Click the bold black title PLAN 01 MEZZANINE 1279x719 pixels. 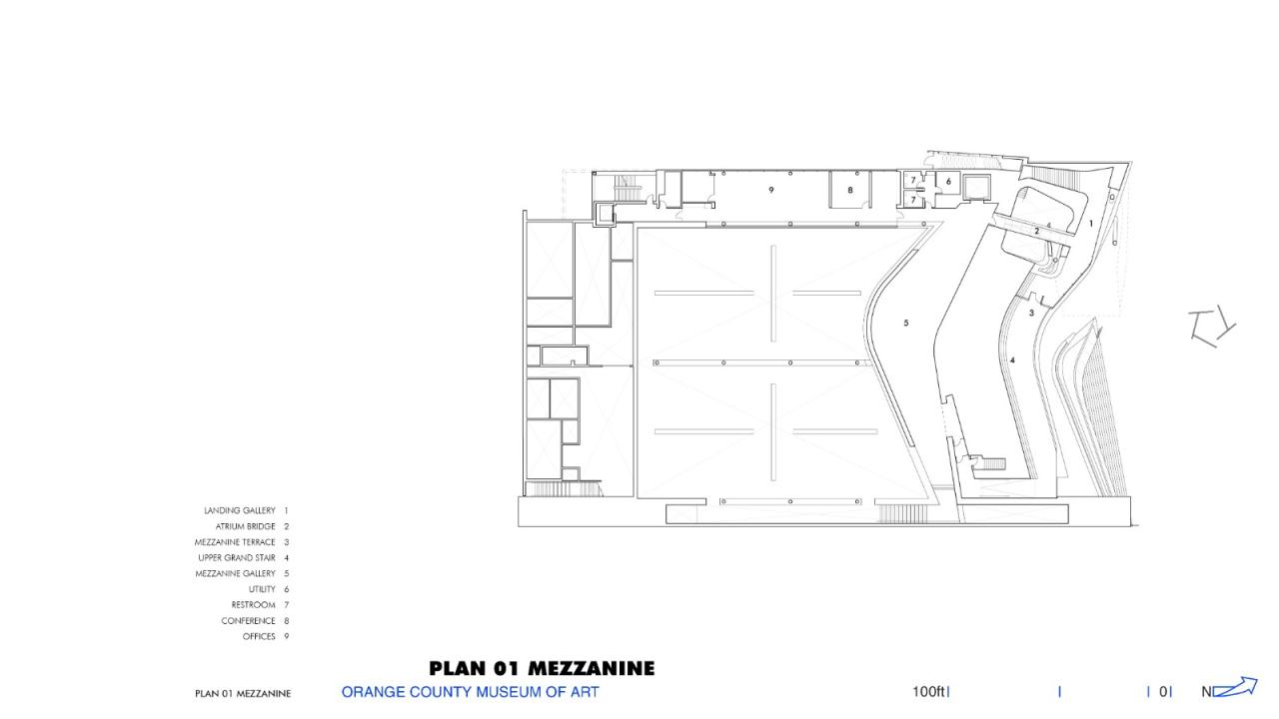pyautogui.click(x=542, y=668)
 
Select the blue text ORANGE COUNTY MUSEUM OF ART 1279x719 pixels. pyautogui.click(x=470, y=691)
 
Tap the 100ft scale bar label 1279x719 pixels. pyautogui.click(x=928, y=691)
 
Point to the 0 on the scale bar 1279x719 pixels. pyautogui.click(x=1164, y=691)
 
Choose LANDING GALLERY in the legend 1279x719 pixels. pyautogui.click(x=240, y=510)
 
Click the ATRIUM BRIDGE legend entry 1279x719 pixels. pyautogui.click(x=246, y=526)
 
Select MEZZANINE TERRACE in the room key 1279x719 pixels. pyautogui.click(x=235, y=542)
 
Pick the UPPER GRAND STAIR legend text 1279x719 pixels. pyautogui.click(x=237, y=557)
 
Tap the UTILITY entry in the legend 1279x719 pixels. pyautogui.click(x=262, y=589)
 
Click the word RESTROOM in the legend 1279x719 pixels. pyautogui.click(x=254, y=605)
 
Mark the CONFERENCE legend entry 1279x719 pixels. pyautogui.click(x=249, y=621)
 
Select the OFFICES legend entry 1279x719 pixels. pyautogui.click(x=259, y=636)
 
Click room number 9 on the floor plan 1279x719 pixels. pyautogui.click(x=771, y=189)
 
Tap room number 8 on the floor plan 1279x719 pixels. pyautogui.click(x=850, y=190)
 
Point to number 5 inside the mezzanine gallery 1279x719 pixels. pyautogui.click(x=906, y=323)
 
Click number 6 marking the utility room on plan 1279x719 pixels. pyautogui.click(x=948, y=182)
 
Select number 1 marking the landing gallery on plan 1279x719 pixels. pyautogui.click(x=1091, y=224)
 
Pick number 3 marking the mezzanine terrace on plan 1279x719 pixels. pyautogui.click(x=1031, y=313)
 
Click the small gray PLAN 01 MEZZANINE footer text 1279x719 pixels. pyautogui.click(x=243, y=693)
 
